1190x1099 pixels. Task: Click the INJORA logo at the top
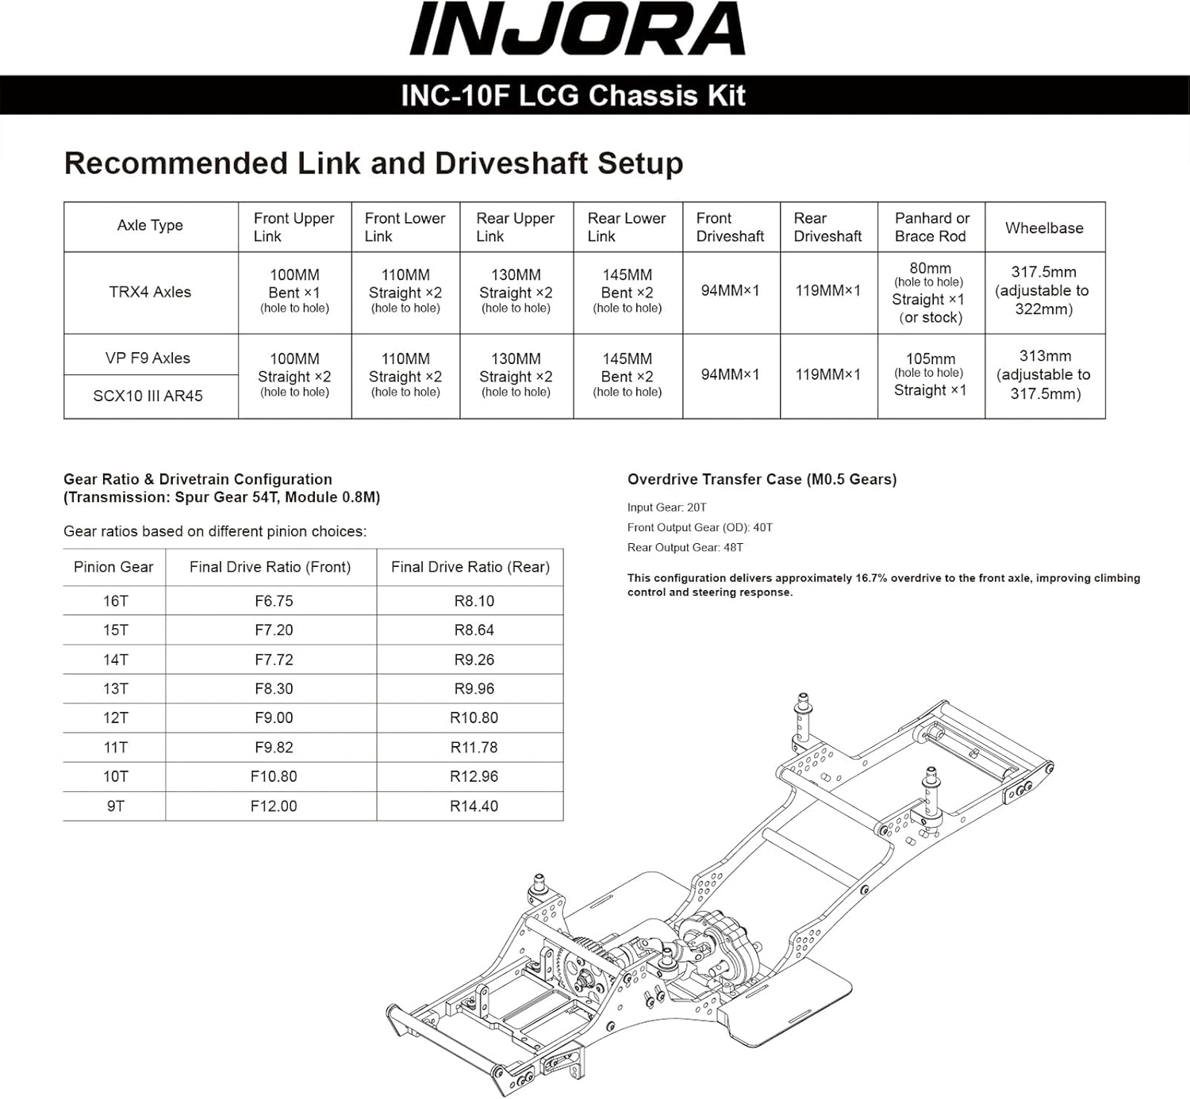click(x=577, y=29)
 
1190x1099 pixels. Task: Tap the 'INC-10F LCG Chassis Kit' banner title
click(x=573, y=96)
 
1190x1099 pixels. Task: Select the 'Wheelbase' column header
click(x=1044, y=228)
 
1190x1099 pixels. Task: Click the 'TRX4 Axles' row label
click(x=150, y=292)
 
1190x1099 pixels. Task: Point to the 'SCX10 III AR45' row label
click(x=148, y=396)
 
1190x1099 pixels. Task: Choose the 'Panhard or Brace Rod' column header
click(x=931, y=227)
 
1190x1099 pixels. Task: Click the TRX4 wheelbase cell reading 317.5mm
click(x=1043, y=290)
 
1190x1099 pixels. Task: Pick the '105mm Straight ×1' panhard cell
click(x=930, y=374)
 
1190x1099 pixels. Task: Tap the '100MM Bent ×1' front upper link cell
click(x=294, y=291)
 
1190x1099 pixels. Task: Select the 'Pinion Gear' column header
click(x=113, y=567)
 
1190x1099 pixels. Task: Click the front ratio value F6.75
click(x=274, y=601)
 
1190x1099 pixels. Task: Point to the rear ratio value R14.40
click(x=474, y=806)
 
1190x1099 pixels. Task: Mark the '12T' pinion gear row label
click(x=116, y=718)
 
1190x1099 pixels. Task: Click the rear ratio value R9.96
click(x=474, y=688)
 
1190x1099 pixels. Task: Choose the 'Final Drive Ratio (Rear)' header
click(x=470, y=567)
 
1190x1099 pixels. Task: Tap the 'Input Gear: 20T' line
click(x=666, y=507)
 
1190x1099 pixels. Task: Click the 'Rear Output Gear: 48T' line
click(x=685, y=547)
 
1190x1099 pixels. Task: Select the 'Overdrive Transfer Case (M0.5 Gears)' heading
click(x=762, y=479)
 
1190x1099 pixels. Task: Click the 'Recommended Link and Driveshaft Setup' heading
click(x=373, y=163)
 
